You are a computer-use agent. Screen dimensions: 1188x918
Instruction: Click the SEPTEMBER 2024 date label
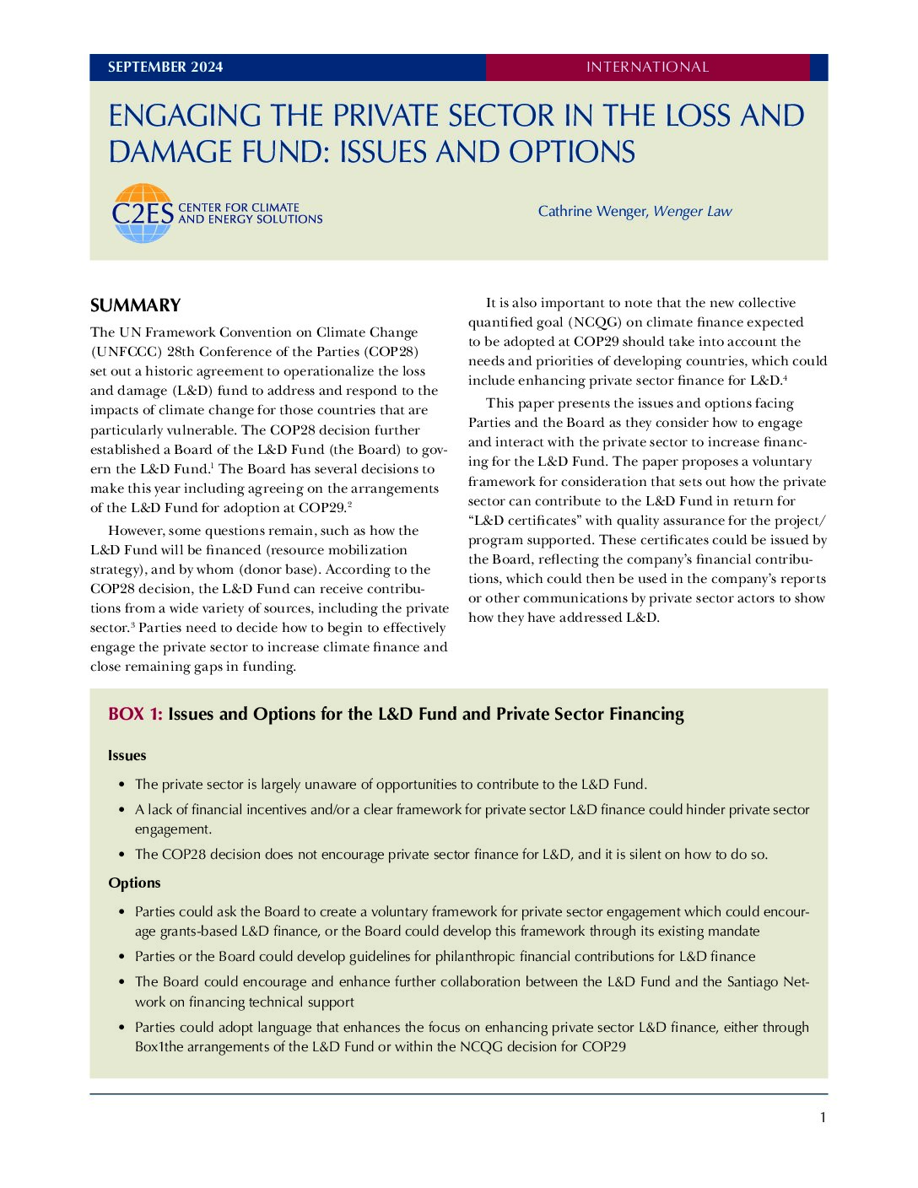(x=165, y=67)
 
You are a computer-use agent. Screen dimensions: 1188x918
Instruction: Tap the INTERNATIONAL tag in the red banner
(x=647, y=67)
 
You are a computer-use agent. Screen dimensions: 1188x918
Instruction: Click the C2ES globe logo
(x=143, y=213)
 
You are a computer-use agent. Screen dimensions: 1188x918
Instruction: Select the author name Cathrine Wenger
(x=592, y=211)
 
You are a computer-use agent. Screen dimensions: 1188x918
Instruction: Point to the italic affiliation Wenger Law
(x=693, y=211)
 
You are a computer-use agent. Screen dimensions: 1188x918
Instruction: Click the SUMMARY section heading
(x=136, y=305)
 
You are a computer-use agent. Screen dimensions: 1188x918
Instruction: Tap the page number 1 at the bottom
(x=823, y=1118)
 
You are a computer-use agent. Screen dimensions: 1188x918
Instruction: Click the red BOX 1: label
(x=135, y=715)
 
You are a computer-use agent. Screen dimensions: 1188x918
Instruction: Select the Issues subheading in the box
(x=127, y=755)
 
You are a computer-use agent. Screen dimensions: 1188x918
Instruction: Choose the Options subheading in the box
(x=134, y=883)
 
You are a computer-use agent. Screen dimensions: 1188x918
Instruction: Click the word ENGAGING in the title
(x=186, y=116)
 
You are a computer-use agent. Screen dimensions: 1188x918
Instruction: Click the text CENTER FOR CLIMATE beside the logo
(x=239, y=208)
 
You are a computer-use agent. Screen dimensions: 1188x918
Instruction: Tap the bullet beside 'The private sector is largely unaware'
(x=122, y=785)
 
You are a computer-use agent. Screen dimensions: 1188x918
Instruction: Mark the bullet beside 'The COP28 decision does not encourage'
(x=122, y=855)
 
